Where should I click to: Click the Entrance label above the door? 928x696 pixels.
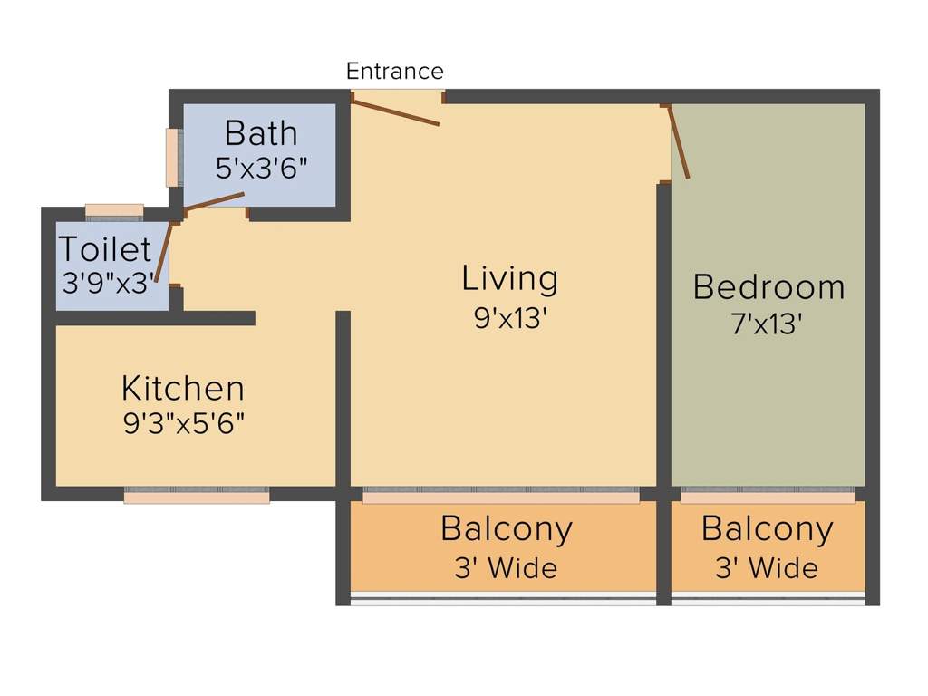pyautogui.click(x=395, y=72)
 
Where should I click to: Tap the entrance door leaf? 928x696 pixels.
pyautogui.click(x=395, y=112)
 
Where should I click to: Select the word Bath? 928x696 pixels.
pyautogui.click(x=261, y=133)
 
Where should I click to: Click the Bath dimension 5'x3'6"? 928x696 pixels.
pyautogui.click(x=261, y=168)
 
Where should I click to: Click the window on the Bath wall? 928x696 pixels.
pyautogui.click(x=172, y=158)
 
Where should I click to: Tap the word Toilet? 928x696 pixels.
pyautogui.click(x=105, y=249)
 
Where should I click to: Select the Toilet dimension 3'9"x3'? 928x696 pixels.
pyautogui.click(x=109, y=283)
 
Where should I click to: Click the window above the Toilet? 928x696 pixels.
pyautogui.click(x=114, y=210)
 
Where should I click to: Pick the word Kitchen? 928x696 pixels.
pyautogui.click(x=183, y=389)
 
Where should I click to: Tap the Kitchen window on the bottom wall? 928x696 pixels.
pyautogui.click(x=197, y=496)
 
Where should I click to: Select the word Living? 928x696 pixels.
pyautogui.click(x=509, y=279)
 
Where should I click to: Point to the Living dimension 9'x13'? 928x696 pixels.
pyautogui.click(x=509, y=318)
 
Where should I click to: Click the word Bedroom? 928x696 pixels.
pyautogui.click(x=768, y=287)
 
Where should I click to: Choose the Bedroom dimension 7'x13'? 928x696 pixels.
pyautogui.click(x=767, y=324)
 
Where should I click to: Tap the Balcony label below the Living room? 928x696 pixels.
pyautogui.click(x=507, y=528)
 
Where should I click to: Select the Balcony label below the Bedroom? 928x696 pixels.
pyautogui.click(x=767, y=528)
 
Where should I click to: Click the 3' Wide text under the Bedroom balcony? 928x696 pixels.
pyautogui.click(x=767, y=568)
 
